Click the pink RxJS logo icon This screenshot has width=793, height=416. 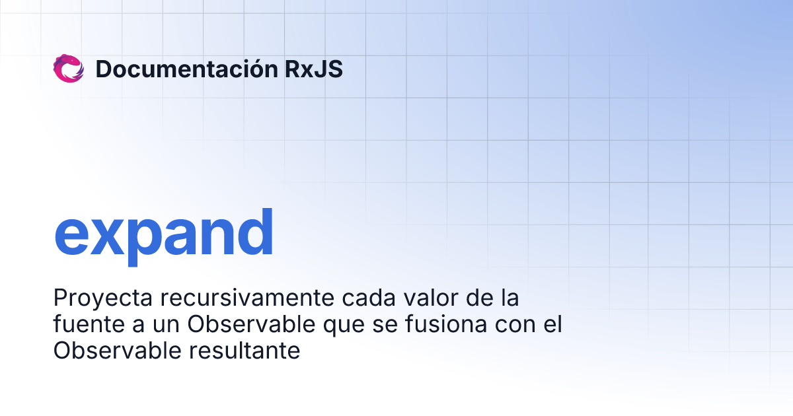[68, 69]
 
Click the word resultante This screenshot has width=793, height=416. [245, 351]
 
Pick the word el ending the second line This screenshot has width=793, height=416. [552, 325]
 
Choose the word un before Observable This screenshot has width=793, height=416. [169, 326]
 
